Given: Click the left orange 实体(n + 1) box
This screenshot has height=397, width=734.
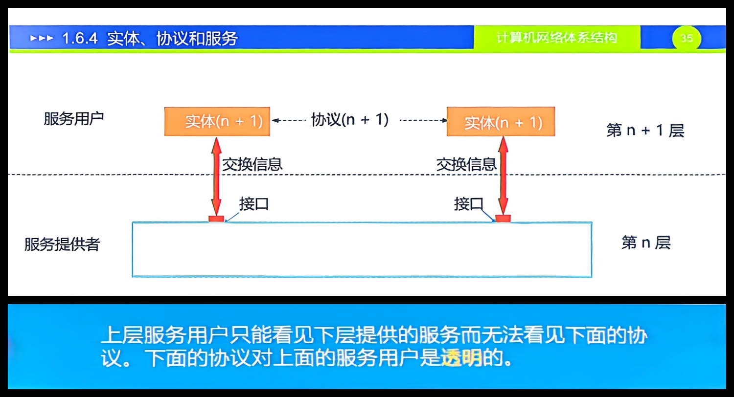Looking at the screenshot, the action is point(217,121).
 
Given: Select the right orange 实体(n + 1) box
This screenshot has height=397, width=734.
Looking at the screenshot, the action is point(501,121).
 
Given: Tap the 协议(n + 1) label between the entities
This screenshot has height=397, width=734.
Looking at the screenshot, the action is point(350,120).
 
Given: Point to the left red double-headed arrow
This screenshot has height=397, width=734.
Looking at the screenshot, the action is point(216,176).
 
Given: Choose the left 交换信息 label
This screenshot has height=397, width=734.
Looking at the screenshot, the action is point(252,164).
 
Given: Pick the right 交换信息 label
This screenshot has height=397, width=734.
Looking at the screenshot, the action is point(466,164).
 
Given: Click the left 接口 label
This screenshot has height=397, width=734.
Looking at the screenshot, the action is point(254,204).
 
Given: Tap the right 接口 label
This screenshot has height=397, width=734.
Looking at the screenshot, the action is point(468,204).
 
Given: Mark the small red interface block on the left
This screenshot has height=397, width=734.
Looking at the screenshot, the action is point(216,219).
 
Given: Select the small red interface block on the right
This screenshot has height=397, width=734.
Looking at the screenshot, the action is point(503,218).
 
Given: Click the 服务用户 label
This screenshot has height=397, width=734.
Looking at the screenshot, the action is point(74,119).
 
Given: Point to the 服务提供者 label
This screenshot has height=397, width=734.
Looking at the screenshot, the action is point(62,244).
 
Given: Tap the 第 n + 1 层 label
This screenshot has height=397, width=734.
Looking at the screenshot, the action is point(645,131).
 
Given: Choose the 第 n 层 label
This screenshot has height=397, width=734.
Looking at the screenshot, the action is point(645,243).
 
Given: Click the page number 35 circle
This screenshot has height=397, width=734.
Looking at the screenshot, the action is point(687,38).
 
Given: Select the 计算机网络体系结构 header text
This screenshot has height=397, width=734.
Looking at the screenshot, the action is point(556,38).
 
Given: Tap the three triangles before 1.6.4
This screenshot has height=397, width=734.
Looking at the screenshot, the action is point(41,38).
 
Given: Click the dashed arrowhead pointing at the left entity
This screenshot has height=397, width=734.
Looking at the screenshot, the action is point(275,120).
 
